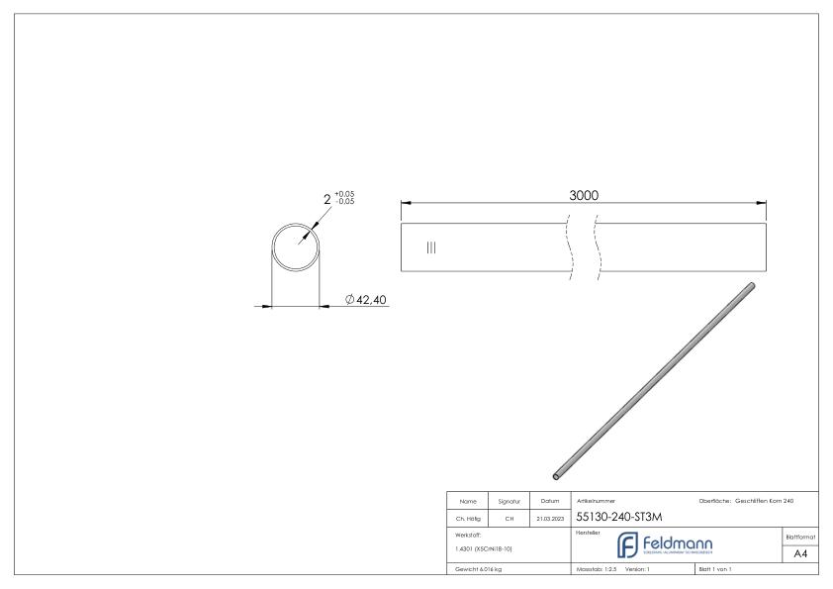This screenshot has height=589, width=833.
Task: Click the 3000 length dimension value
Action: coord(584,196)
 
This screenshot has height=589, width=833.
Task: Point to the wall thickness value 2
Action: coord(327,199)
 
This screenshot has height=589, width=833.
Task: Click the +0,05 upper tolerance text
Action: coord(344,193)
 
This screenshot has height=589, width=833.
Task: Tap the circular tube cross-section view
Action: coord(296,246)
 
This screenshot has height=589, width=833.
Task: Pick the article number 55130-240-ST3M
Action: coord(618,517)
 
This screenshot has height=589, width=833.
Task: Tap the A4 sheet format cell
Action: coord(801,553)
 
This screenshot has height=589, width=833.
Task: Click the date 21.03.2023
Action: coord(548,518)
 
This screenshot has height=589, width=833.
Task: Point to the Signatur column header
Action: coord(507,501)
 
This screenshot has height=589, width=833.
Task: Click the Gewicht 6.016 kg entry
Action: coord(478,569)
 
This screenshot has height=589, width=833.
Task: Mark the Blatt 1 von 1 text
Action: coord(716,569)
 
